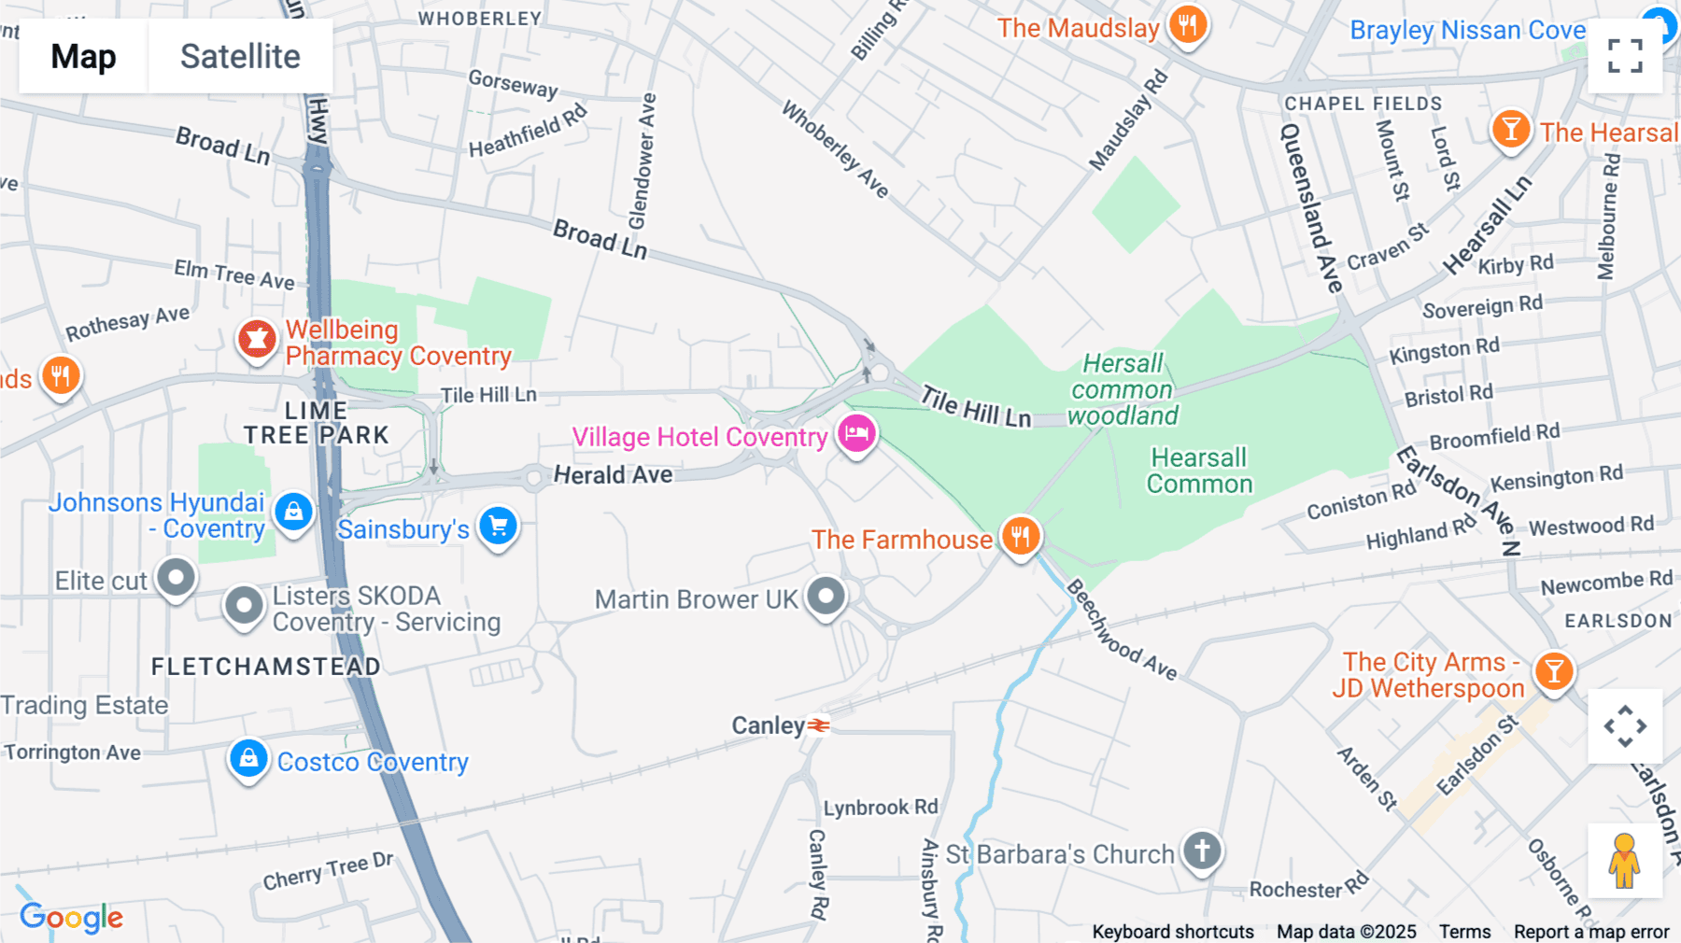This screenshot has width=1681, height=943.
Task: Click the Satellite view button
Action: tap(240, 56)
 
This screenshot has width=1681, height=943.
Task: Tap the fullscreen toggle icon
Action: tap(1625, 56)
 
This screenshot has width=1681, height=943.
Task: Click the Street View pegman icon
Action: tap(1624, 861)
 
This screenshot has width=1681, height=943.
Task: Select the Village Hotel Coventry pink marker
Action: tap(856, 433)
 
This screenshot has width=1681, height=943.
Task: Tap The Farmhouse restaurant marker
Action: tap(1021, 536)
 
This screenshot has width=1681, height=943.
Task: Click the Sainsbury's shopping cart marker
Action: tap(498, 526)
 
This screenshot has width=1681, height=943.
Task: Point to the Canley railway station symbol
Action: tap(818, 725)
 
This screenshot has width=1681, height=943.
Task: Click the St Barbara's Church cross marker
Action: tap(1202, 851)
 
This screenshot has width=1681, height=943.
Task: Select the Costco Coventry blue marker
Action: tap(248, 758)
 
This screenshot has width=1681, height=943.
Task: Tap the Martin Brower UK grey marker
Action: tap(826, 596)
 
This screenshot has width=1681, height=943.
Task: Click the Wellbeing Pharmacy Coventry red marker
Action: tap(257, 340)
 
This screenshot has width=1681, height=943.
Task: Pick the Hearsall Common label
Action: tap(1199, 471)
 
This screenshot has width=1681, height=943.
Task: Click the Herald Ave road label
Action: tap(613, 475)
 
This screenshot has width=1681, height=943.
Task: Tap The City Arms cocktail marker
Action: tap(1554, 671)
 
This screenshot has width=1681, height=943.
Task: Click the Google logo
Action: tap(71, 917)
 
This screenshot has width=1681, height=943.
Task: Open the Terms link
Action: tap(1464, 931)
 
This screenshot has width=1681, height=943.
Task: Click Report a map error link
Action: tap(1590, 931)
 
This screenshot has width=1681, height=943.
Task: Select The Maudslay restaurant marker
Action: tap(1187, 25)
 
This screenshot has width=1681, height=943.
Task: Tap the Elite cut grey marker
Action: tap(176, 578)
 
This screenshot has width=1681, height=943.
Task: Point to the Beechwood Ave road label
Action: tap(1121, 630)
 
